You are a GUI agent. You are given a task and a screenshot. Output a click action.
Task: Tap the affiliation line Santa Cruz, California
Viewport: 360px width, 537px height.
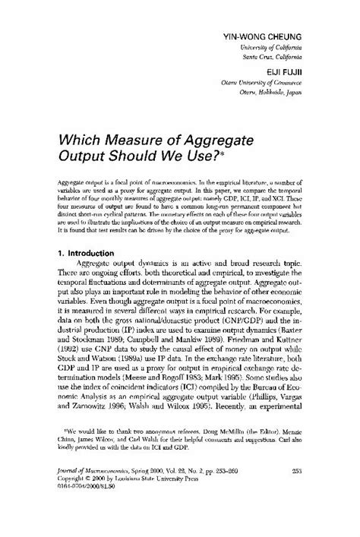click(275, 57)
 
